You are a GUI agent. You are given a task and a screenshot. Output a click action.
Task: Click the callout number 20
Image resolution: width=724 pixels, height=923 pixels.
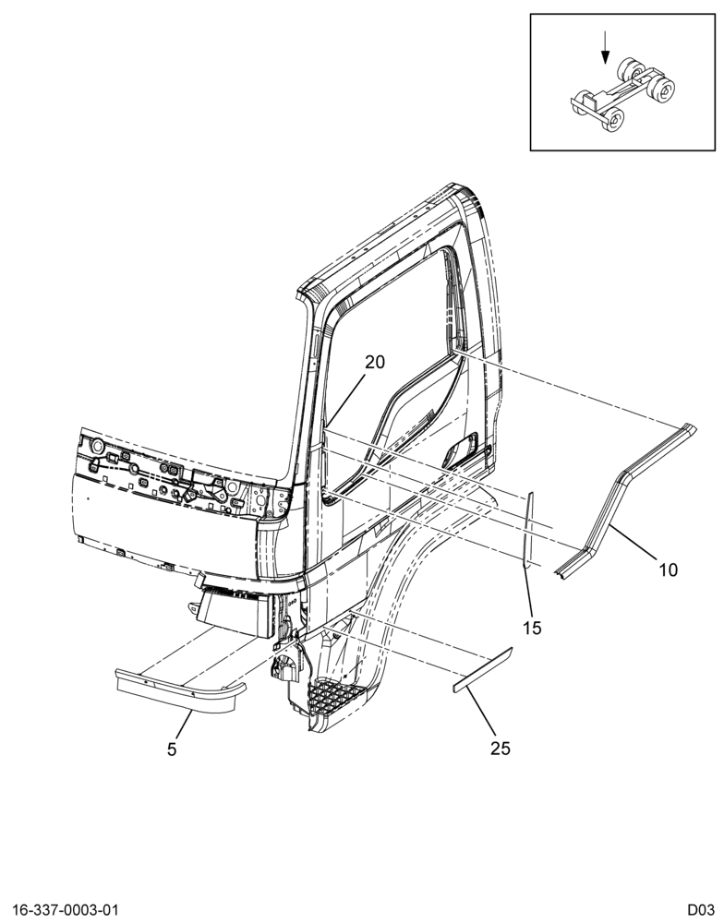[x=374, y=362]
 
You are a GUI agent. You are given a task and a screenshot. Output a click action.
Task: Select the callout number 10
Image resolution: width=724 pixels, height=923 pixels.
[x=668, y=569]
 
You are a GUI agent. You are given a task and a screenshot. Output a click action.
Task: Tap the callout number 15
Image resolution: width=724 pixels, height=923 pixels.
[x=532, y=628]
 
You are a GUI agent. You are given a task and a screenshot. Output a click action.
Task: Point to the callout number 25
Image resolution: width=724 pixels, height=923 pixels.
[x=501, y=749]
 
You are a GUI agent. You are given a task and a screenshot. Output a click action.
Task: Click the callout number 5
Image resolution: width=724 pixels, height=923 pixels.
[x=172, y=749]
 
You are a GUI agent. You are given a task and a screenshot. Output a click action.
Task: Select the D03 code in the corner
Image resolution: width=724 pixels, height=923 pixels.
[x=700, y=909]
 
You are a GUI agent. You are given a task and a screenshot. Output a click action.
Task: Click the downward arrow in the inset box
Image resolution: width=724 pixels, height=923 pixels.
[x=605, y=48]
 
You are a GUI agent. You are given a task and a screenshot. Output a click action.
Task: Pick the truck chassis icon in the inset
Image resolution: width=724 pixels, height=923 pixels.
[x=622, y=94]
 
